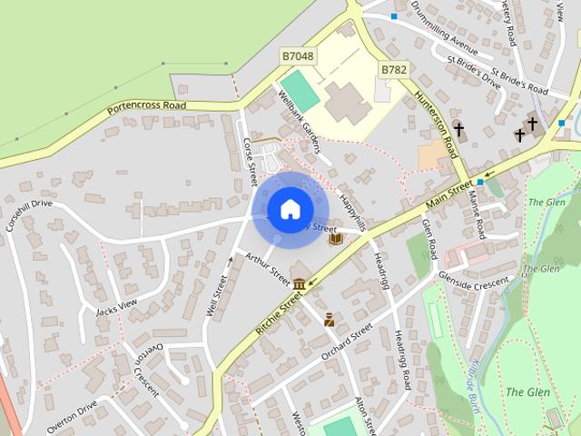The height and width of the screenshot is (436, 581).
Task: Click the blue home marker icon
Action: point(289,210)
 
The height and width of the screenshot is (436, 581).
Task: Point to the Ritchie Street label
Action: point(278,311)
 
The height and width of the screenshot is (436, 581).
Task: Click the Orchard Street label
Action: point(346,339)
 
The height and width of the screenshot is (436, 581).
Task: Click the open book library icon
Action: point(336,239)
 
